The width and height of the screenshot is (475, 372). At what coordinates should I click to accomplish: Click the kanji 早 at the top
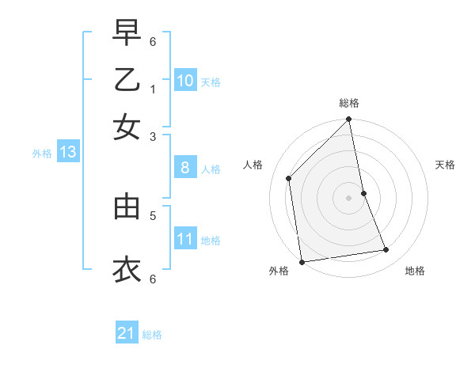[127, 34]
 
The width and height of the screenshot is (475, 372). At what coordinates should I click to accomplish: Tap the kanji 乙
[127, 82]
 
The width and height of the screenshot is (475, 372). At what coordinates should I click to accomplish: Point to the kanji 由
[127, 207]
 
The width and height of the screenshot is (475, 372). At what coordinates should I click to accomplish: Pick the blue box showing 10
[184, 81]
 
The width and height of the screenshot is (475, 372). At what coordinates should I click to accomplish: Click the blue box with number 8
[184, 168]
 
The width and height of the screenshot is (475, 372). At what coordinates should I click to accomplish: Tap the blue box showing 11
[184, 239]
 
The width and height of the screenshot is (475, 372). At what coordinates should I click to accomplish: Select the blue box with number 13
[67, 152]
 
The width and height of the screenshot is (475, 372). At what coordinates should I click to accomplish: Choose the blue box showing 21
[127, 333]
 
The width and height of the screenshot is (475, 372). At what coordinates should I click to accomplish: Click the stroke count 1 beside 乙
[153, 89]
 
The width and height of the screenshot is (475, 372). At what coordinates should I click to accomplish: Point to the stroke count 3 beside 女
[153, 136]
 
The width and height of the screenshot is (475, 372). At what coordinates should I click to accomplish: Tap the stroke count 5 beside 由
[153, 214]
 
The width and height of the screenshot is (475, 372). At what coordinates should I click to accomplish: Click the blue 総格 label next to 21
[153, 335]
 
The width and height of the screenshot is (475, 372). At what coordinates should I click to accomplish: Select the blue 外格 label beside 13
[42, 154]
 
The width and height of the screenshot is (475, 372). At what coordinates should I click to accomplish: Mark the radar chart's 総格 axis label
[349, 103]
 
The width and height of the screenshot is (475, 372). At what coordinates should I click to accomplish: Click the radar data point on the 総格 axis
[349, 120]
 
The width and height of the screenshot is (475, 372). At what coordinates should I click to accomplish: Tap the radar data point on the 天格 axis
[364, 192]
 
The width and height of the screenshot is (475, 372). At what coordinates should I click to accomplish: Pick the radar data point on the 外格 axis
[302, 262]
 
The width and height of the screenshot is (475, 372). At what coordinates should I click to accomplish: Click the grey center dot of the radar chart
[349, 197]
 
